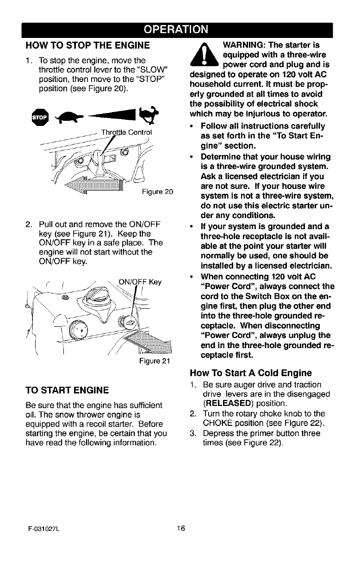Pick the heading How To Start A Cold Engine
pos(251,373)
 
